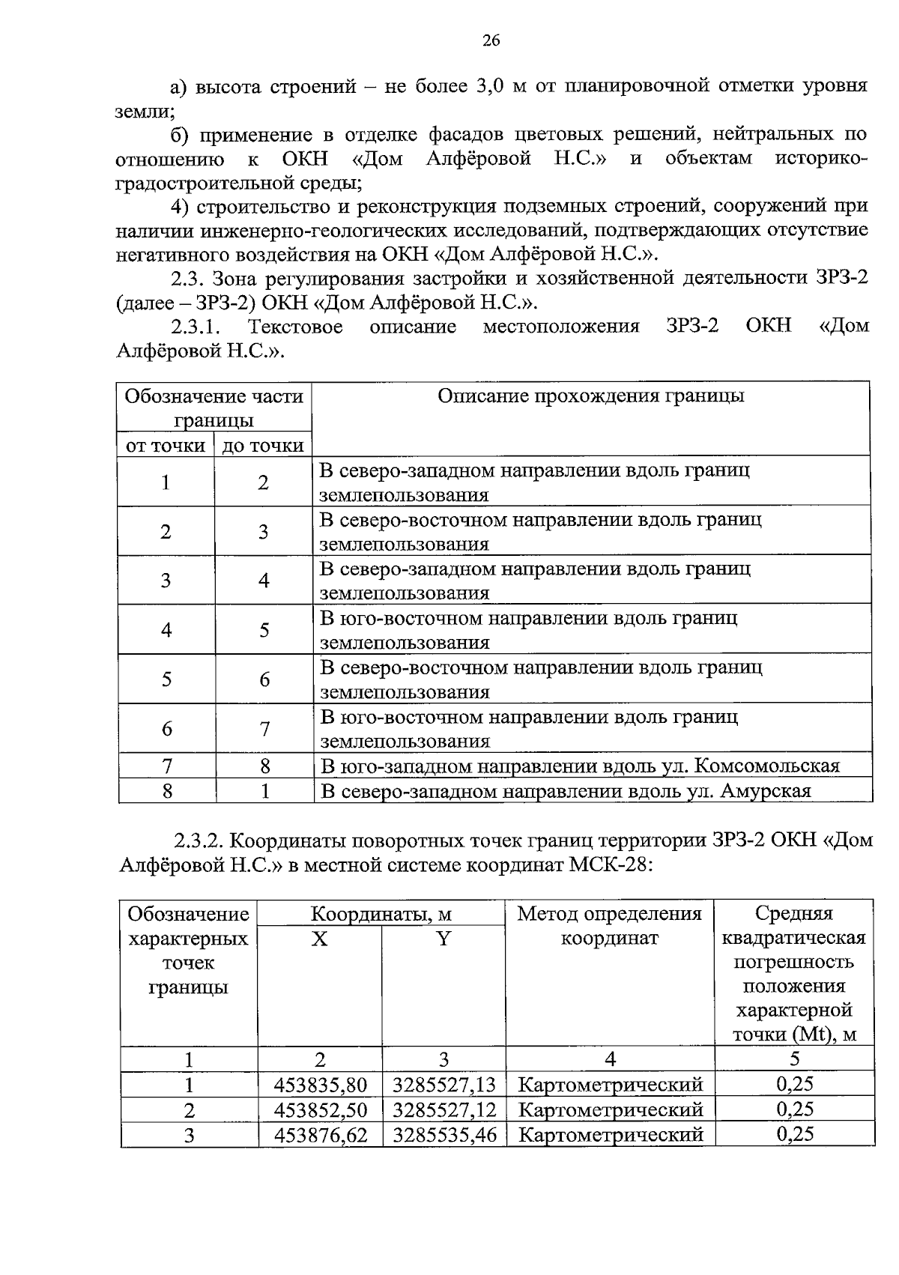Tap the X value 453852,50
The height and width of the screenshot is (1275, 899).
(x=320, y=1109)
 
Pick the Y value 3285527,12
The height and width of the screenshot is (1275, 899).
(x=444, y=1109)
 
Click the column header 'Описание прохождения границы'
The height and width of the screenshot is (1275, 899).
(x=590, y=396)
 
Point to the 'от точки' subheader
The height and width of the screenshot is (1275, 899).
(x=166, y=446)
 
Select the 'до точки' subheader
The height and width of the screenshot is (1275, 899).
(x=263, y=446)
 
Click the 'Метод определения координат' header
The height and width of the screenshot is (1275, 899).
(x=609, y=925)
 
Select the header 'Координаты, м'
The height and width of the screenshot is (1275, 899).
(x=381, y=914)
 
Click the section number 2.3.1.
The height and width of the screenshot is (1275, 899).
(x=198, y=327)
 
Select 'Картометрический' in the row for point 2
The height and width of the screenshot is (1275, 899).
(x=610, y=1109)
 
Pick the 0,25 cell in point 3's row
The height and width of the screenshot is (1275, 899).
(x=794, y=1134)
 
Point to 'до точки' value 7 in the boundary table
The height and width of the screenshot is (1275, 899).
(x=264, y=728)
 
